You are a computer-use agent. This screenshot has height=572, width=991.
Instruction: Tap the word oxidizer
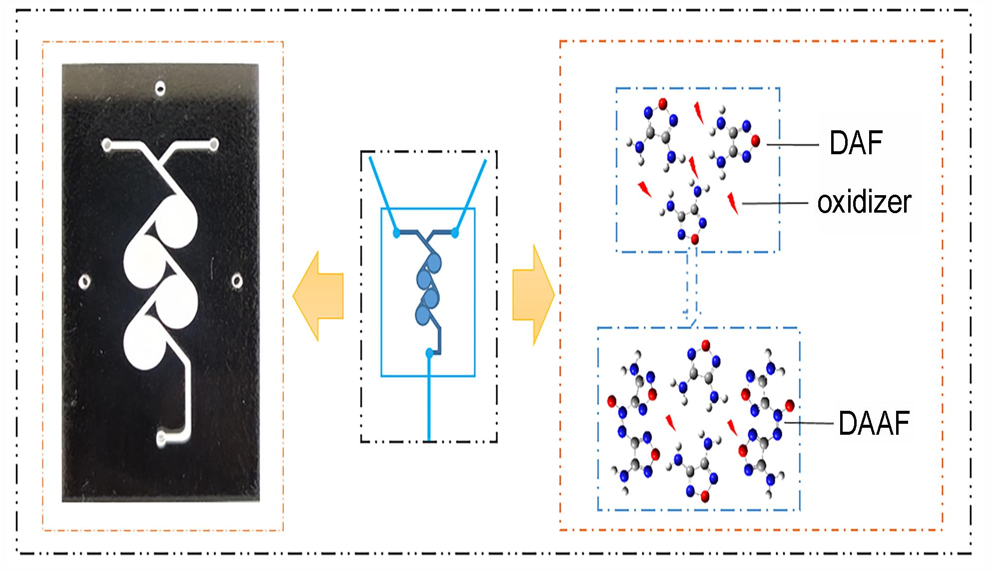coord(864,203)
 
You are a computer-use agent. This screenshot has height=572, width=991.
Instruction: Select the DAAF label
coord(874,423)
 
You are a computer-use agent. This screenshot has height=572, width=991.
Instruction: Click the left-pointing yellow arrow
coord(318,296)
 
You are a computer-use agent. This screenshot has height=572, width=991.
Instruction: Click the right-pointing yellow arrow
coord(533,295)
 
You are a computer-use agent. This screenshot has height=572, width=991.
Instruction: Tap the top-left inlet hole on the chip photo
coord(106,145)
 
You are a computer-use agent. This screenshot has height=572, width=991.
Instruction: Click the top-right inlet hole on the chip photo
coord(213,145)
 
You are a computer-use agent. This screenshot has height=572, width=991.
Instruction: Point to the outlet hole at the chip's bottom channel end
coord(161,439)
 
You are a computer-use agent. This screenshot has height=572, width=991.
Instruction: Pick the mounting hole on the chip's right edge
coord(238,281)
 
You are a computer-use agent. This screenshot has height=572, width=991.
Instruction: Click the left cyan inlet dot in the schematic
coord(396,233)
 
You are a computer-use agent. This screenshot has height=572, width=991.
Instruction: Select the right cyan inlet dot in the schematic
coord(455,233)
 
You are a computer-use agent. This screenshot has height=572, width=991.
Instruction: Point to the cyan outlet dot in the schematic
coord(429,353)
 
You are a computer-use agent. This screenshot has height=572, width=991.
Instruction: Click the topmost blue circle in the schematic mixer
coord(433,262)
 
